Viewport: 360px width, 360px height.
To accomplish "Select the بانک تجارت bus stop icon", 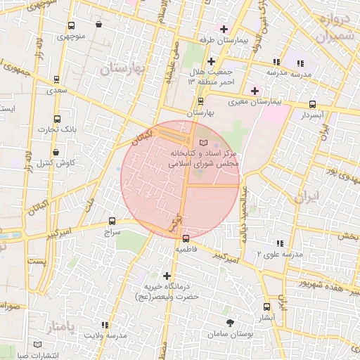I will (x=57, y=119).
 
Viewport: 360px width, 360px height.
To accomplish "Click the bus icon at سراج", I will (x=112, y=220).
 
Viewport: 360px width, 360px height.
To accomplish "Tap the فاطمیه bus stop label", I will (x=191, y=249).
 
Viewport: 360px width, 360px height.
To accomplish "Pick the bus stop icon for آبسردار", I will (x=311, y=104).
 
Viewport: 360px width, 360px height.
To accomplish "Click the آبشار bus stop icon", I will (x=266, y=307).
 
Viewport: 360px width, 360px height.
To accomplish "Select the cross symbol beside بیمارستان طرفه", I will (x=224, y=29).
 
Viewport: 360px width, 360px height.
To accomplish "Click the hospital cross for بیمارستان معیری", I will (x=255, y=91).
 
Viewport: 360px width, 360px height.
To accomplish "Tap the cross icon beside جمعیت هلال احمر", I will (x=211, y=61).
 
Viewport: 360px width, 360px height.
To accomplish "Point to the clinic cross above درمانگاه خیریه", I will (x=167, y=276).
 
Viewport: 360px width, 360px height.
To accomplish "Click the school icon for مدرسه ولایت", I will (x=105, y=325).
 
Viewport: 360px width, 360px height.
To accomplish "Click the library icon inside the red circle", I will (x=204, y=143).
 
